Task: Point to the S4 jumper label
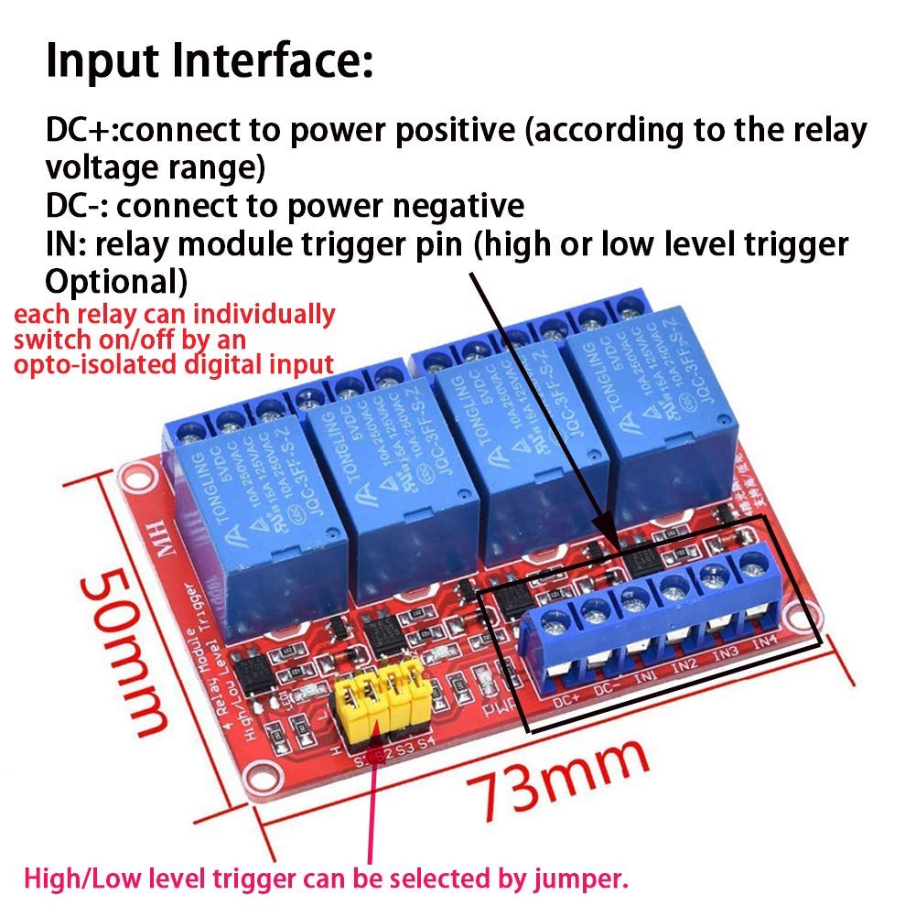tap(425, 744)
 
